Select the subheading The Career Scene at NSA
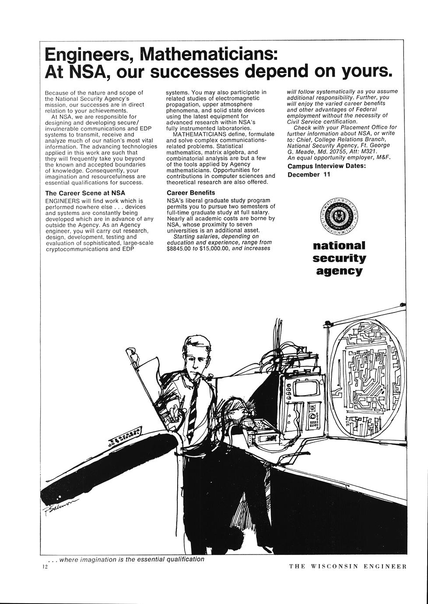click(85, 193)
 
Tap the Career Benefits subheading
click(191, 193)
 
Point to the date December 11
click(309, 175)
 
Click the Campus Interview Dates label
click(326, 166)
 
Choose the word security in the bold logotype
click(339, 258)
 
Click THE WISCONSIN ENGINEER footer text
click(348, 566)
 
